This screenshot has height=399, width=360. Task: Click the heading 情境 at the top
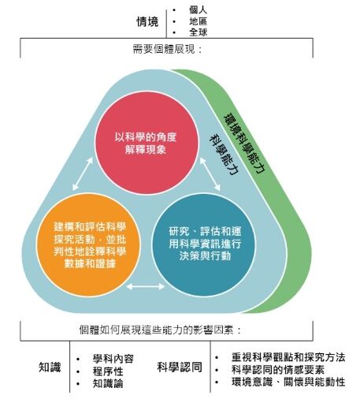147,21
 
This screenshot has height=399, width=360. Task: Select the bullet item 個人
198,9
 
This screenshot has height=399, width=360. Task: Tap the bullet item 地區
198,21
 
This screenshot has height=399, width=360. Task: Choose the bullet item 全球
198,32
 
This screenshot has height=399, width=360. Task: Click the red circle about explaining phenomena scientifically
147,143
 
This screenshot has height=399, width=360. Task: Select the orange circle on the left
88,245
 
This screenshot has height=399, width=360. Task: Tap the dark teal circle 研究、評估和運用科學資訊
204,244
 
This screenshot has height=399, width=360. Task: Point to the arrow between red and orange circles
83,173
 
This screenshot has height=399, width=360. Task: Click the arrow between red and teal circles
210,173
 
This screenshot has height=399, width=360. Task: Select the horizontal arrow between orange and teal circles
146,286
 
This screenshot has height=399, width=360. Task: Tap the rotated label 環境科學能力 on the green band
244,144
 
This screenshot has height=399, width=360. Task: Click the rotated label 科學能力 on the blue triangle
224,155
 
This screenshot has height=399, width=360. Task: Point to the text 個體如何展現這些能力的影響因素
160,330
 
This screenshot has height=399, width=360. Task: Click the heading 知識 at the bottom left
50,367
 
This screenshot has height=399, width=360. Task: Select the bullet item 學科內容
113,359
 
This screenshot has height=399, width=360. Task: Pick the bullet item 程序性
108,371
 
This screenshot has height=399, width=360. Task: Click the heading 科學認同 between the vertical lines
180,367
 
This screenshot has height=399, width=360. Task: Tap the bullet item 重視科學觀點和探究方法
288,357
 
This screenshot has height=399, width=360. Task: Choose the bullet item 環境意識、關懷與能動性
288,382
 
